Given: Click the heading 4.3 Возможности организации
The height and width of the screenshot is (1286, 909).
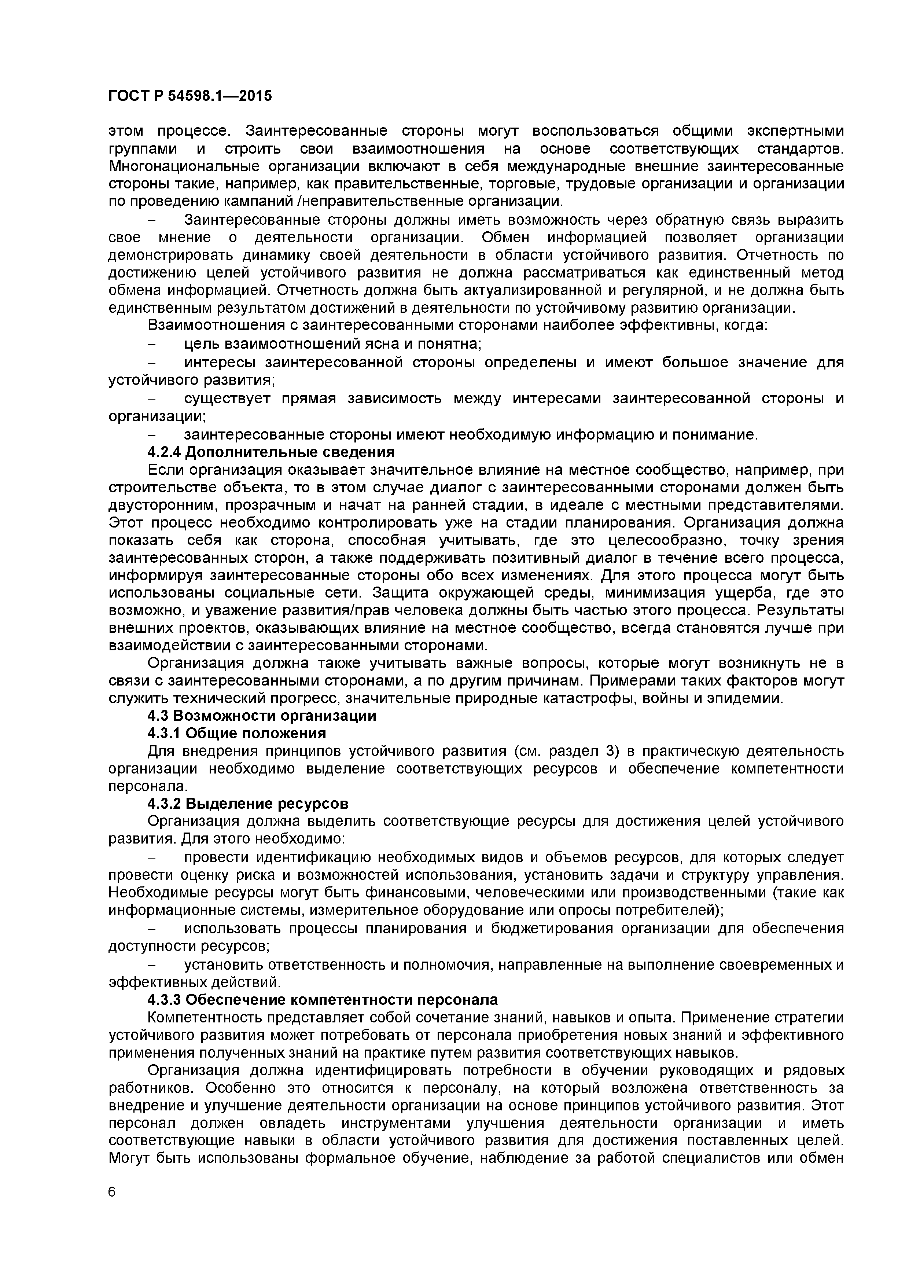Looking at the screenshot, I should tap(262, 716).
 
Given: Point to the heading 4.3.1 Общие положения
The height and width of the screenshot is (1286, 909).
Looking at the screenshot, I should tap(236, 733).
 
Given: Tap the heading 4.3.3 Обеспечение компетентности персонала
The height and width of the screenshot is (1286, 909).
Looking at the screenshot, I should tap(323, 1000).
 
